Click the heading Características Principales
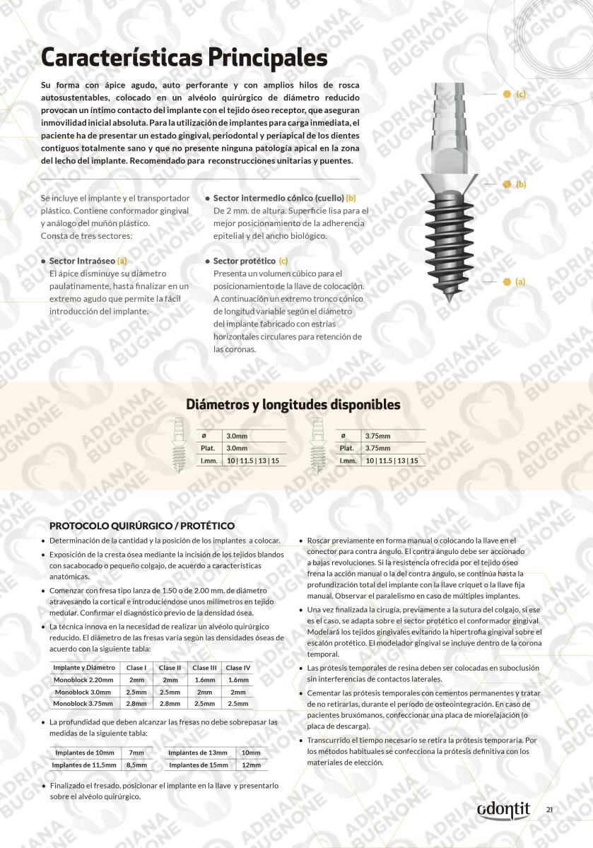(184, 56)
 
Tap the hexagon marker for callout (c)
(507, 94)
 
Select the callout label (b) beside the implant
(521, 184)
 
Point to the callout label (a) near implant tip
(520, 281)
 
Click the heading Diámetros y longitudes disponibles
(293, 405)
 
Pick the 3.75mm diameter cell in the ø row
(378, 436)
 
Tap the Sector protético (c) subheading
(250, 261)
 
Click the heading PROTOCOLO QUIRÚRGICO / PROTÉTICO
(142, 526)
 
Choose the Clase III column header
(205, 668)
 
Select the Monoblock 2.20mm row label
(84, 680)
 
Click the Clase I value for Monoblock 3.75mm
(137, 704)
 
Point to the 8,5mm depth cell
(136, 765)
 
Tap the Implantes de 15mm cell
(199, 765)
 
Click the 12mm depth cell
(251, 765)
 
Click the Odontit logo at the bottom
(503, 810)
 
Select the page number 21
(549, 810)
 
